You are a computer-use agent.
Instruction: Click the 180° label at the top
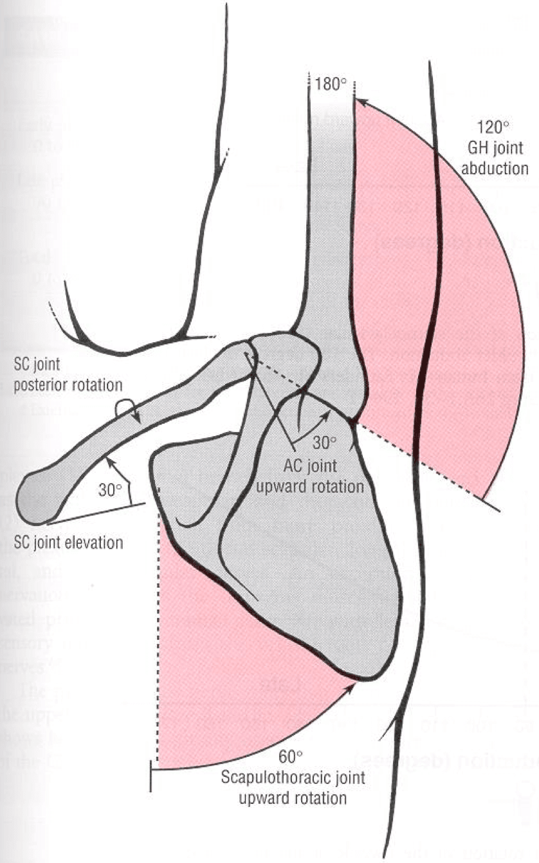(x=331, y=84)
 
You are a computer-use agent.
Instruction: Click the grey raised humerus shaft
(x=325, y=225)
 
